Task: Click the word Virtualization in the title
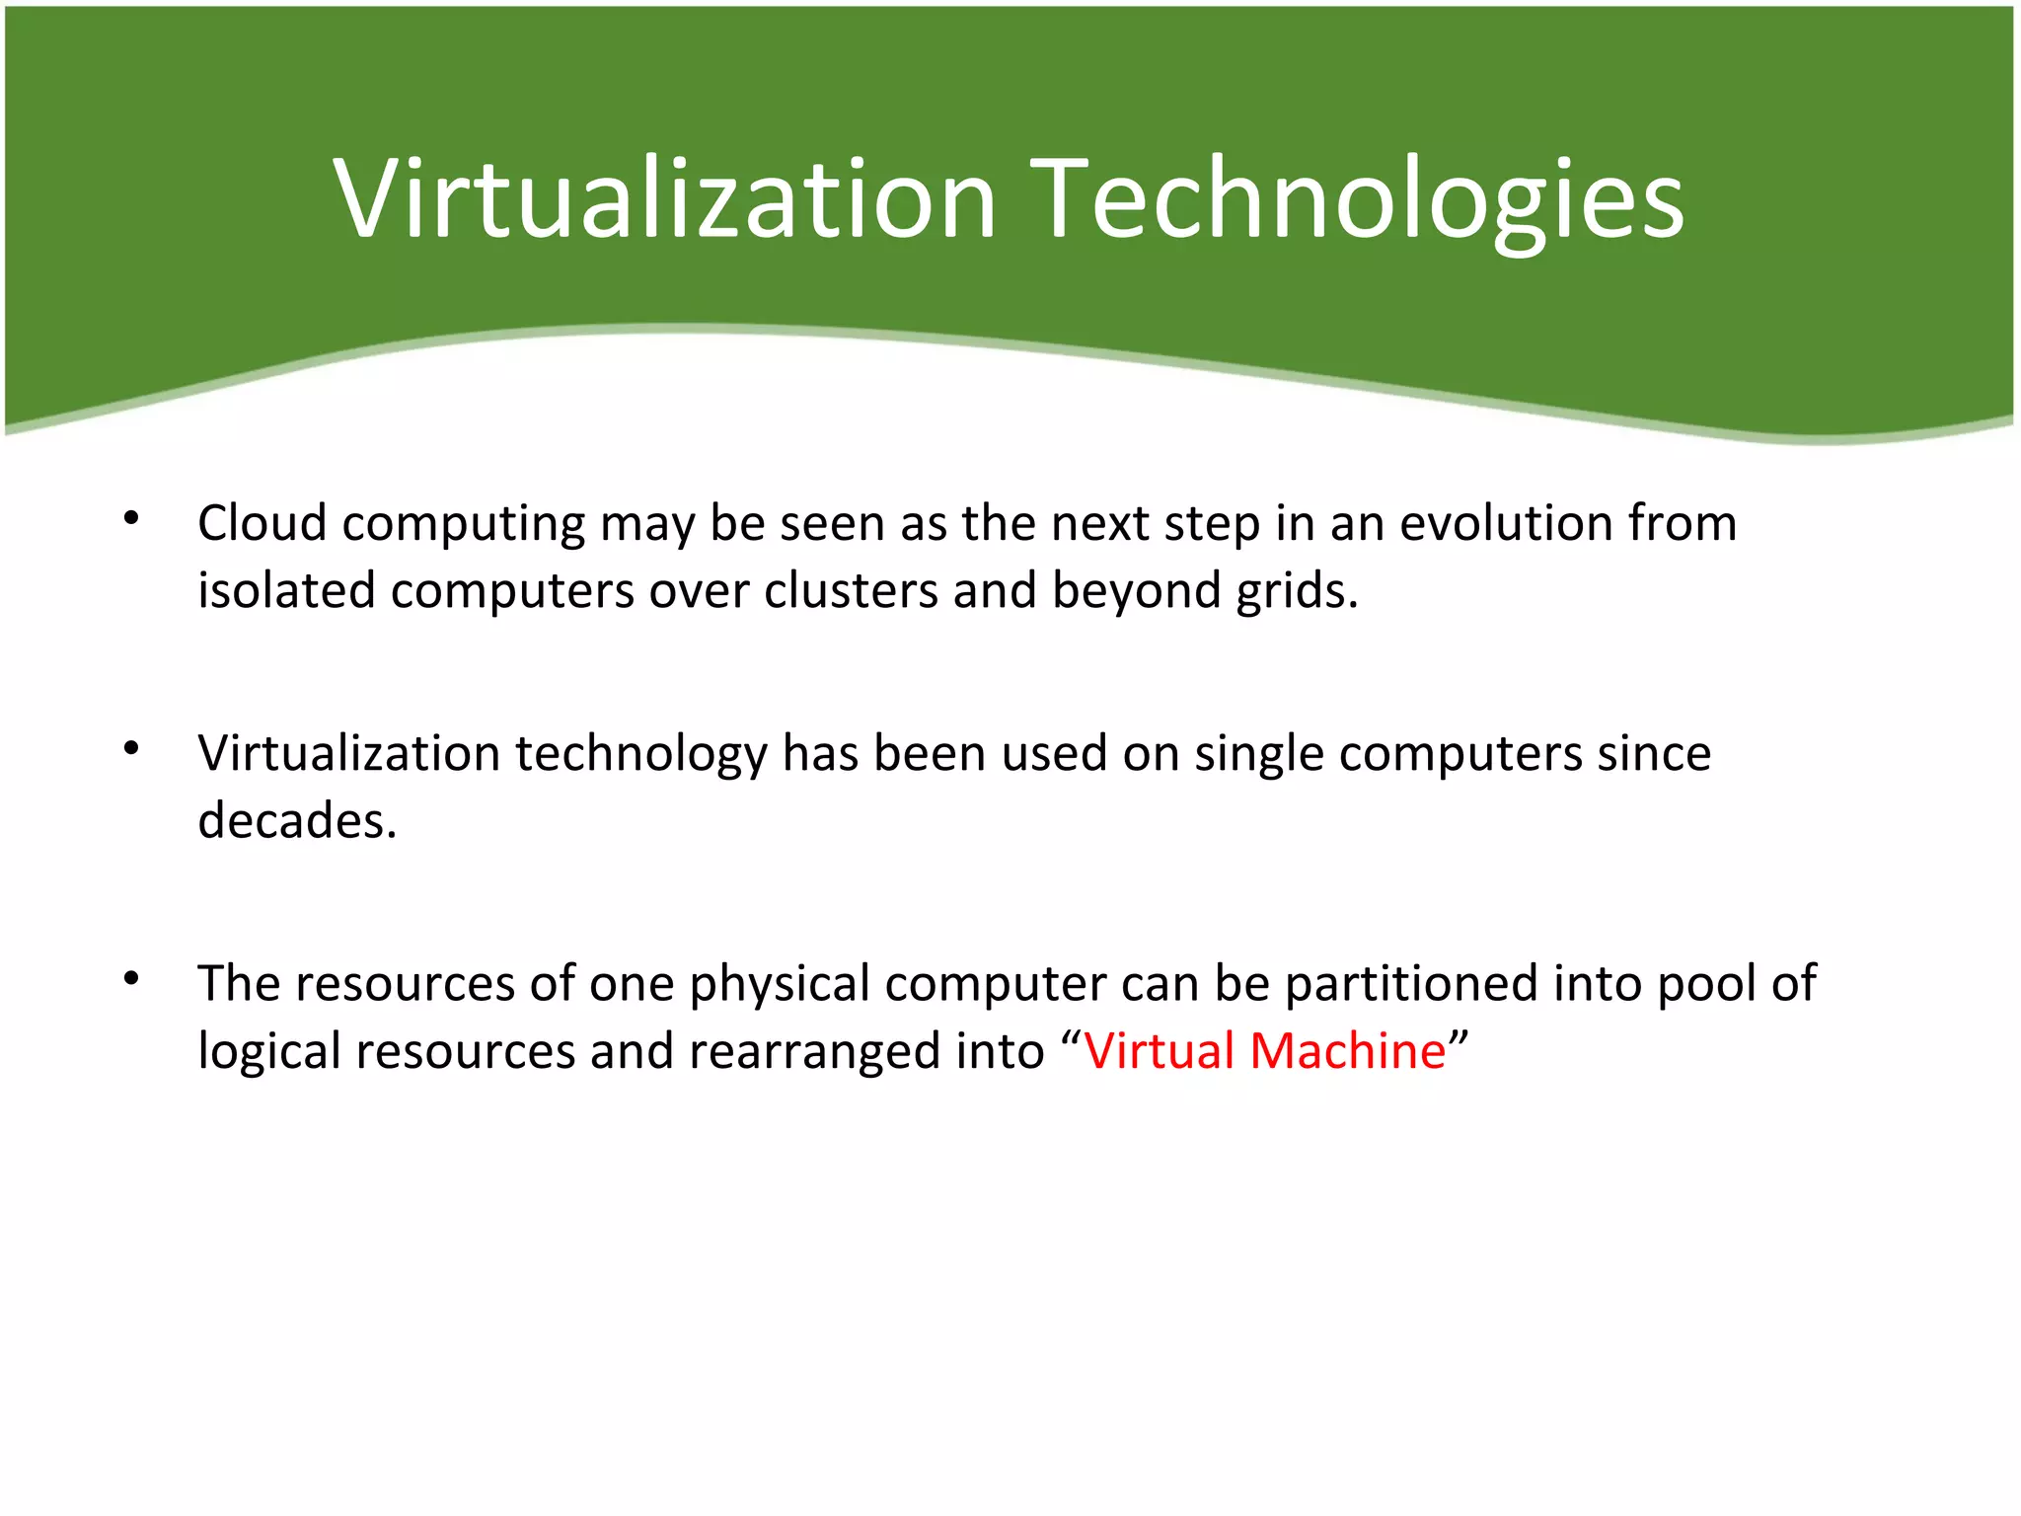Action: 664,199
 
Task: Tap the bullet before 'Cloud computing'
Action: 131,517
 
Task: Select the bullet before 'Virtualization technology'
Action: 131,748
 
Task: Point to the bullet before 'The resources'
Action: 131,978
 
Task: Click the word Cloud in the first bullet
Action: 262,522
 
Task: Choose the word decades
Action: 296,820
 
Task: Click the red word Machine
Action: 1347,1050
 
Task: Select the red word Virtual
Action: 1159,1050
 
